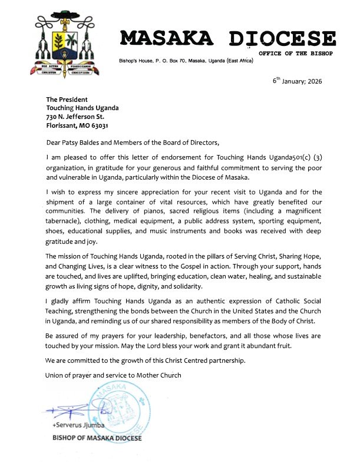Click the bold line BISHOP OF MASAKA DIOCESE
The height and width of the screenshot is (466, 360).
94,438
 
